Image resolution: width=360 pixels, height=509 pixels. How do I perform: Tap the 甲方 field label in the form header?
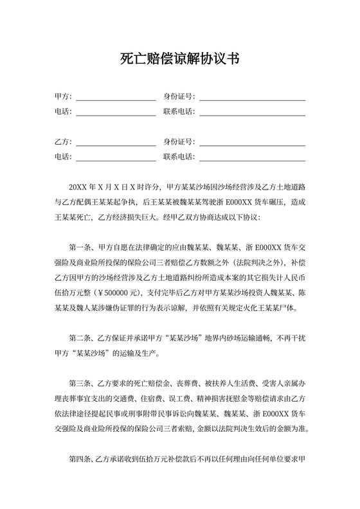62,97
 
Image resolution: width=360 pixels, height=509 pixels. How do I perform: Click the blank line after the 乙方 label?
116,141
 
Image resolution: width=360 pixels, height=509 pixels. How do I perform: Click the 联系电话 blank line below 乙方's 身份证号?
252,156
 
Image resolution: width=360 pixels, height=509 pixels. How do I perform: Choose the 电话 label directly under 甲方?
62,112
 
